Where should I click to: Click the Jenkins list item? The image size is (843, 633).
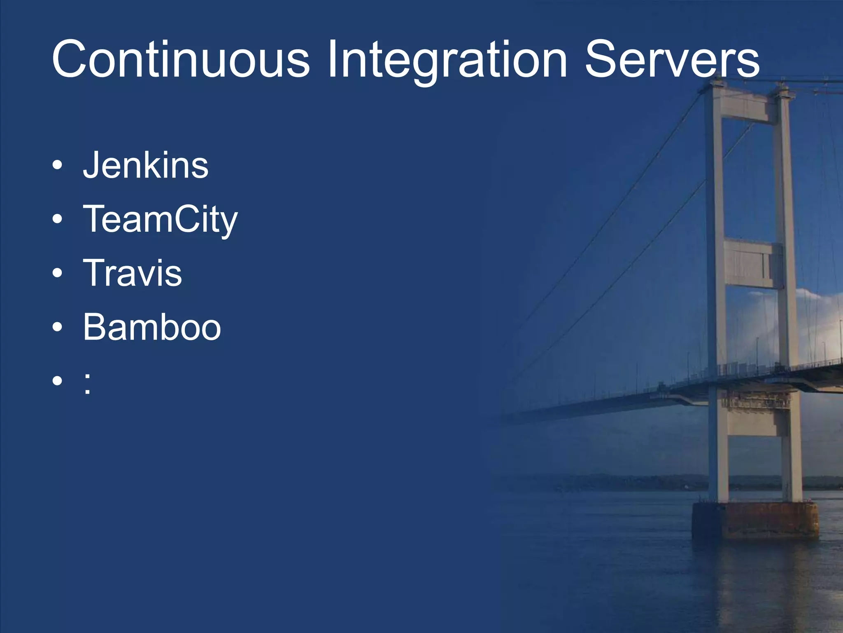[x=146, y=165]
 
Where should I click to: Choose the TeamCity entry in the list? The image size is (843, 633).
[x=161, y=219]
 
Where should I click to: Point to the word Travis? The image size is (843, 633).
[x=133, y=273]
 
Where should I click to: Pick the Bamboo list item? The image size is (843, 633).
[x=152, y=327]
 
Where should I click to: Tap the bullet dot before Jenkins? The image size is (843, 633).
[x=58, y=166]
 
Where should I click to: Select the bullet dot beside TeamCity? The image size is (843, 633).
[x=58, y=220]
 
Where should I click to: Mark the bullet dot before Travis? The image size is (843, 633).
[x=58, y=273]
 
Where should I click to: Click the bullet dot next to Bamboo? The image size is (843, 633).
[x=58, y=327]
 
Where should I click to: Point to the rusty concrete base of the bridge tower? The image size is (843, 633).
[x=755, y=520]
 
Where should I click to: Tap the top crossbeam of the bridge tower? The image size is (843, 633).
[x=747, y=106]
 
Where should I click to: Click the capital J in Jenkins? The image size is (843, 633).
[x=91, y=165]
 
